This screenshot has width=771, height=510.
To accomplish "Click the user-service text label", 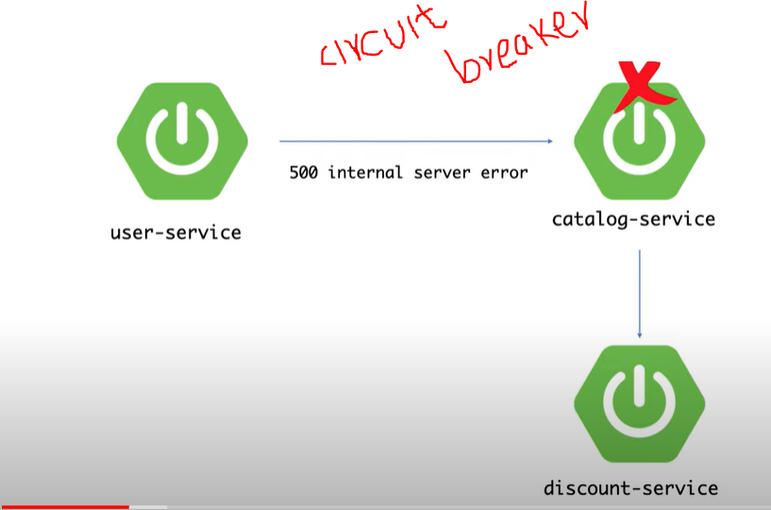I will (x=176, y=230).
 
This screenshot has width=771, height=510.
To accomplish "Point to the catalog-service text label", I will (x=634, y=219).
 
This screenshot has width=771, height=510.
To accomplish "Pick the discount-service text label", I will (x=630, y=488).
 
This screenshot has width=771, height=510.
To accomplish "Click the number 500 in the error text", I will (x=303, y=173).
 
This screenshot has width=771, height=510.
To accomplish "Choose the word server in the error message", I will (x=444, y=173).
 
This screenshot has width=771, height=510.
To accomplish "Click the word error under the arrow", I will (x=505, y=173).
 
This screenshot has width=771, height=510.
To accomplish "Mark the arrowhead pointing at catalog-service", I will (x=549, y=142).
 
